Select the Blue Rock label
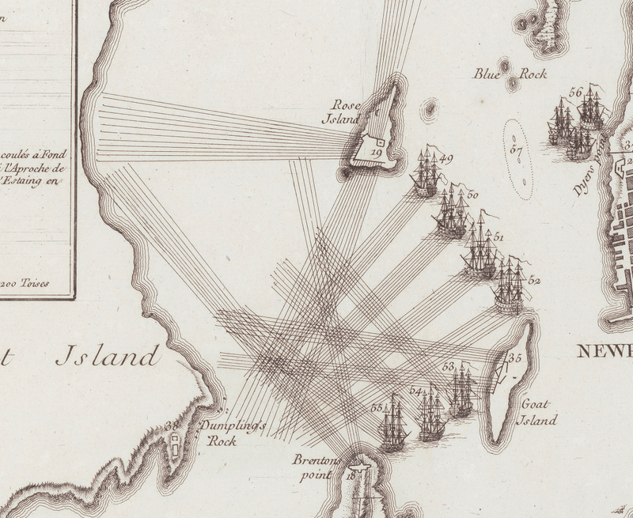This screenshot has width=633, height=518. coord(498,75)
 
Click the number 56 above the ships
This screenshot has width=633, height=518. coord(576,93)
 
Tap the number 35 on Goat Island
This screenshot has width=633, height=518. coord(516,357)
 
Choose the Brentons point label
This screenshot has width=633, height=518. coord(316,467)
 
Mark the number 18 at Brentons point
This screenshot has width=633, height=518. coord(351,475)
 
